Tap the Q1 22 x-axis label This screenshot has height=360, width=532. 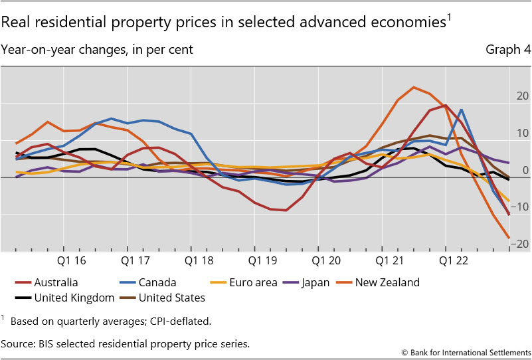point(449,262)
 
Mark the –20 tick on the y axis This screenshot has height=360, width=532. point(520,244)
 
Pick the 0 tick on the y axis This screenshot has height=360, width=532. point(525,171)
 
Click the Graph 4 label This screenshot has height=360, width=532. point(508,49)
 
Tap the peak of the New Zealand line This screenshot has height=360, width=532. point(413,87)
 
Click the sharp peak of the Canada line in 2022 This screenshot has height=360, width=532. point(461,110)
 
